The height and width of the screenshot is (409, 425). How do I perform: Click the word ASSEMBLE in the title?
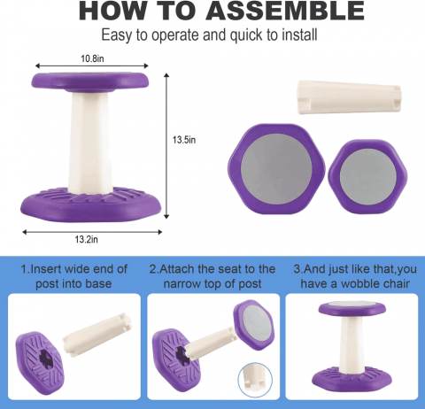pyautogui.click(x=285, y=11)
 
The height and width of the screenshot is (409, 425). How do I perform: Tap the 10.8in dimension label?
pyautogui.click(x=92, y=58)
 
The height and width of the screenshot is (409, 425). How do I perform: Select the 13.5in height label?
pyautogui.click(x=184, y=140)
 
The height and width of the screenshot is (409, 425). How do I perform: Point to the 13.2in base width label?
pyautogui.click(x=86, y=239)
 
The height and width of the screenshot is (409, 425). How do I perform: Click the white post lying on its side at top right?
pyautogui.click(x=349, y=96)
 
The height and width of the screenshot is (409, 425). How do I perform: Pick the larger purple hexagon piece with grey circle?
pyautogui.click(x=276, y=169)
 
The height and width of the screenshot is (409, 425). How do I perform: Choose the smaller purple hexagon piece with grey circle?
pyautogui.click(x=367, y=176)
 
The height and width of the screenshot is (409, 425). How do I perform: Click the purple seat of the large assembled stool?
pyautogui.click(x=90, y=82)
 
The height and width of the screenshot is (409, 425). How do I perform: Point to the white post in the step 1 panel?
pyautogui.click(x=97, y=335)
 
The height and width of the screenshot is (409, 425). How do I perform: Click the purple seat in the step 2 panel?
pyautogui.click(x=253, y=325)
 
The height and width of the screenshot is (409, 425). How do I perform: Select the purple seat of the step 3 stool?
pyautogui.click(x=352, y=309)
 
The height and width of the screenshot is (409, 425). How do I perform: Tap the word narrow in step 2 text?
pyautogui.click(x=182, y=284)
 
